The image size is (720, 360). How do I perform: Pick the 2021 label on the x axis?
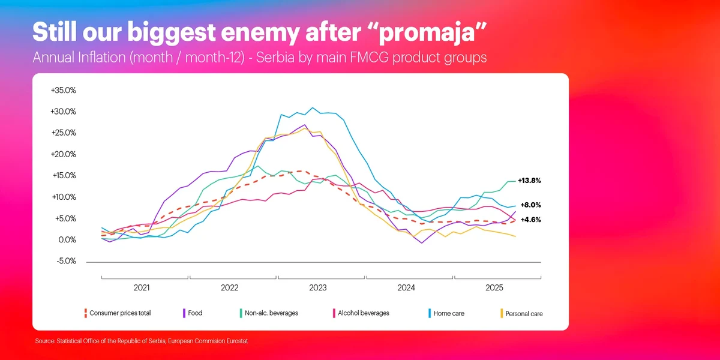[142, 288]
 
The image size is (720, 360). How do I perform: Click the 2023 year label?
[318, 288]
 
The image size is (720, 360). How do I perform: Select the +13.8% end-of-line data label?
[529, 181]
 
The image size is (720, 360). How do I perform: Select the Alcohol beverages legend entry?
[363, 313]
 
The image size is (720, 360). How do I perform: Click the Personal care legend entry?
[524, 314]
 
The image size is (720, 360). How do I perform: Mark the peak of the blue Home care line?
[312, 108]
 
